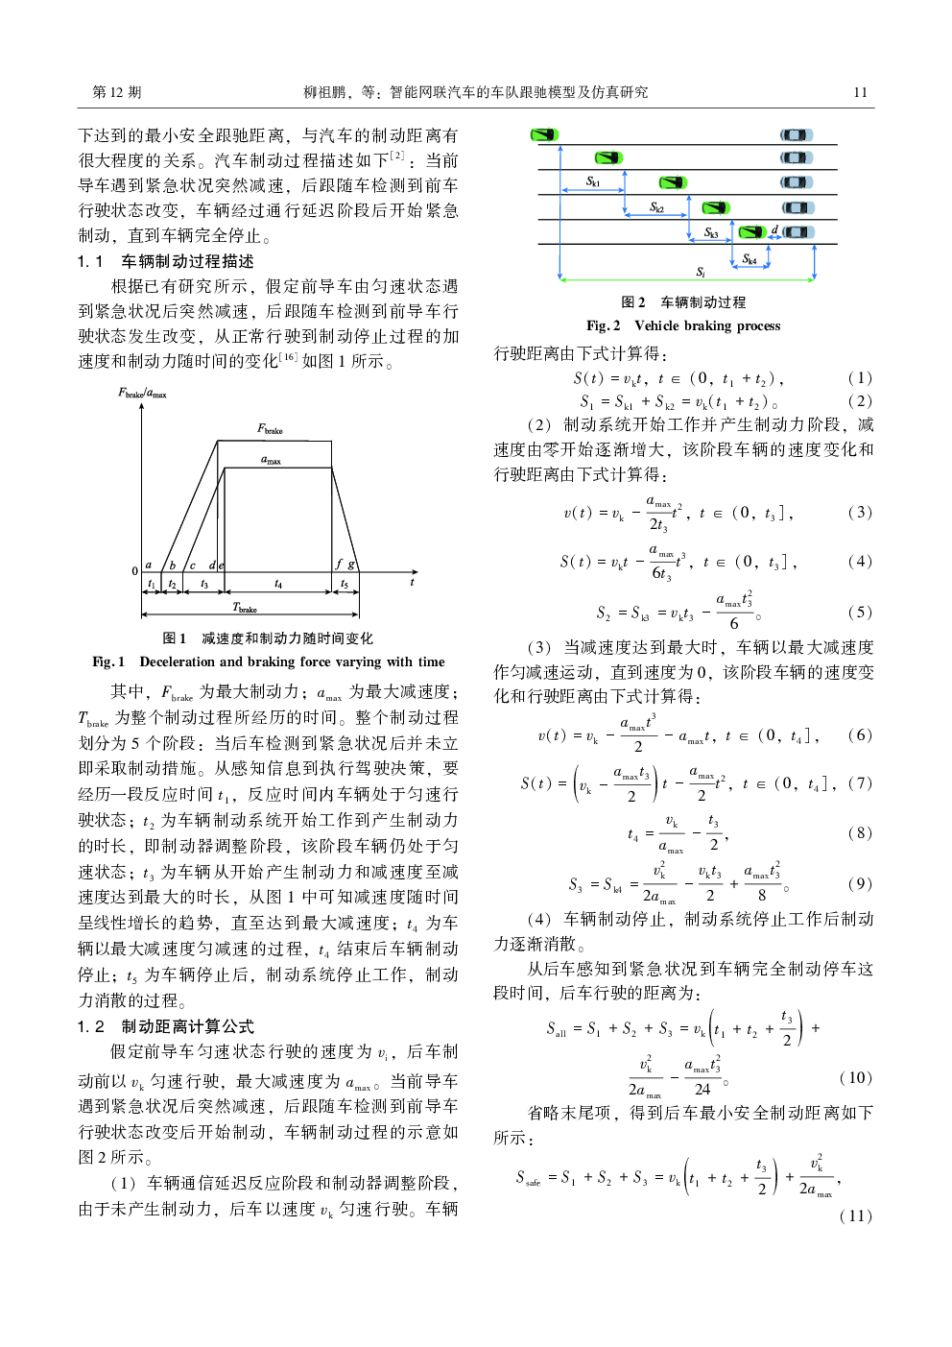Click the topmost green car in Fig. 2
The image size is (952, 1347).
544,134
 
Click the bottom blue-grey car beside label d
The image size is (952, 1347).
797,231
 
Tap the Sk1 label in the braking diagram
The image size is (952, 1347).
593,181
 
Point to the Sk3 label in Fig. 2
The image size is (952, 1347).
711,233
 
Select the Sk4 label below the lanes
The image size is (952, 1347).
750,259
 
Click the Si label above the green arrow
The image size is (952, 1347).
701,272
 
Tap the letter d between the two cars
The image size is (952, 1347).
774,230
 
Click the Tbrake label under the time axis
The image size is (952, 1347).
245,608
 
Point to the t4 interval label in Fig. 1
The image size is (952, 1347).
278,584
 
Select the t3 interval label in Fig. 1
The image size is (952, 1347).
203,584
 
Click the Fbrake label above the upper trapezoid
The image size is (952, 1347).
270,429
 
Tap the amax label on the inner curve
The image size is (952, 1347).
271,460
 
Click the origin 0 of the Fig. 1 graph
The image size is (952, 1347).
135,571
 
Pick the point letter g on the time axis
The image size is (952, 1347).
351,565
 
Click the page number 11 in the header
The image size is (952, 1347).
860,92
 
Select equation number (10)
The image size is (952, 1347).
855,1077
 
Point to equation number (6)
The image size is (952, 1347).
859,734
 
